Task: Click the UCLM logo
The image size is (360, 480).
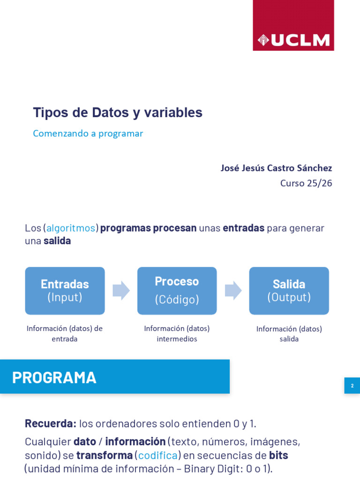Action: [293, 25]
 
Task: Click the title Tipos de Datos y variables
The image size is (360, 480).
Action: [118, 112]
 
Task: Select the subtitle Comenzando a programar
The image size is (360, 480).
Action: [88, 134]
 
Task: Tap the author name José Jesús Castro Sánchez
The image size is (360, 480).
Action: [276, 168]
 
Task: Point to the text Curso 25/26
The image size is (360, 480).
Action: [306, 183]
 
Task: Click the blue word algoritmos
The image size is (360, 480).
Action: [71, 228]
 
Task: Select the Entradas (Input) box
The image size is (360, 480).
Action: [65, 291]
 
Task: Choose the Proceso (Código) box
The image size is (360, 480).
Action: [177, 291]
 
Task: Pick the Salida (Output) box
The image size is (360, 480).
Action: [289, 291]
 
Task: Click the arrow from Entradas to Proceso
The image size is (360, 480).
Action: [121, 290]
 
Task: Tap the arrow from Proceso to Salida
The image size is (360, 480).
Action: [233, 290]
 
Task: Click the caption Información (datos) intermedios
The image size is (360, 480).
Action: [177, 334]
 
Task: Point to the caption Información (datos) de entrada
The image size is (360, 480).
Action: [65, 334]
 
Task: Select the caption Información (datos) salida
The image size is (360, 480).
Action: [289, 334]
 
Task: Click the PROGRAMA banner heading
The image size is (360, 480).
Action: [54, 377]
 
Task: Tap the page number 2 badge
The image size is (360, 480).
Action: [352, 385]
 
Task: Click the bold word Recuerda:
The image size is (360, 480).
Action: [51, 424]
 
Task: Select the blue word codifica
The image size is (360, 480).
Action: [157, 456]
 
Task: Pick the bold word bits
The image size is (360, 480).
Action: [278, 455]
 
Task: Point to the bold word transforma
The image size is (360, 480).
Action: [105, 455]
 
